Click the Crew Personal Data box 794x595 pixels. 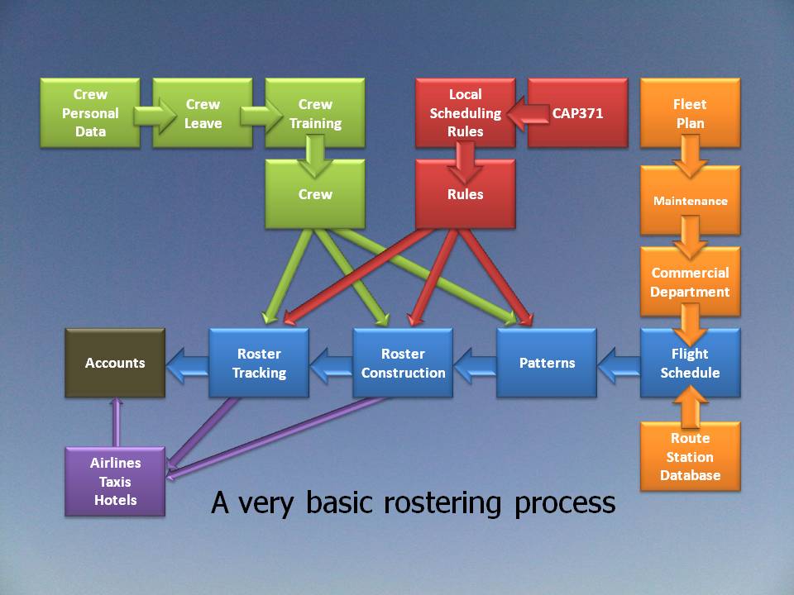tap(90, 113)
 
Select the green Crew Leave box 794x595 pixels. tap(203, 113)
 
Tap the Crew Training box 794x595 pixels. tap(315, 113)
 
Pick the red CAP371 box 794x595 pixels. tap(577, 113)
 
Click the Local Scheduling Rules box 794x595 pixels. tap(465, 113)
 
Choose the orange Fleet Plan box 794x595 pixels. tap(690, 113)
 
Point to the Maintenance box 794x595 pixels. tap(690, 201)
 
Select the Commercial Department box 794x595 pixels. tap(690, 282)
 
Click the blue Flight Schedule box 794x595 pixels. tap(690, 363)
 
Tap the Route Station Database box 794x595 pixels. tap(690, 457)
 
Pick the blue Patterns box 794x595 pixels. tap(547, 363)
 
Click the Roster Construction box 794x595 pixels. tap(403, 363)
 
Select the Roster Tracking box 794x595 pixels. tap(259, 363)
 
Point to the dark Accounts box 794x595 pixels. tap(115, 363)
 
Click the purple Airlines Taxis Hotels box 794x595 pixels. tap(115, 482)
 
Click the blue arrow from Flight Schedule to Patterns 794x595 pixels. tap(618, 364)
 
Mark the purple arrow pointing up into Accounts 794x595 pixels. tap(116, 421)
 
